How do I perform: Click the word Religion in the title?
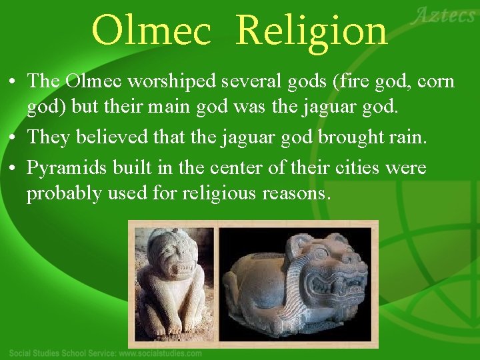coord(311,31)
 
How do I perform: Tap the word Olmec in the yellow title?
coord(153,31)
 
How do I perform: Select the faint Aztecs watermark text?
coord(443,15)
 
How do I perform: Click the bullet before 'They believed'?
coord(14,138)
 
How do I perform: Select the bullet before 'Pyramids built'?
coord(14,167)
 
